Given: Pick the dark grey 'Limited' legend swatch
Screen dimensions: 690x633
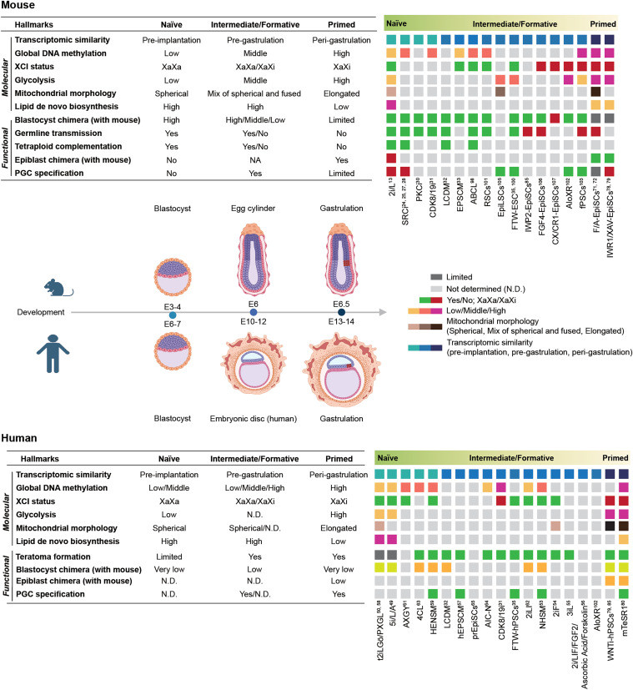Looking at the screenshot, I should click(x=436, y=275).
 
